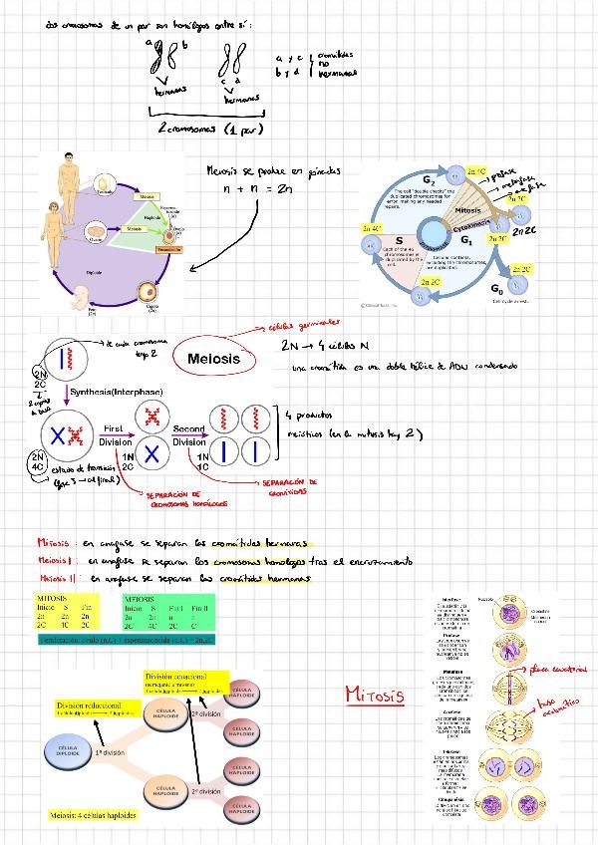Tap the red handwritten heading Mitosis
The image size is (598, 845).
click(374, 694)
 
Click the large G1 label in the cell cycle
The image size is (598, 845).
click(464, 240)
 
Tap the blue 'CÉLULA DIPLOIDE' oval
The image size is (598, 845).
click(69, 748)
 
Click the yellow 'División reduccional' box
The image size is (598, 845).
click(92, 708)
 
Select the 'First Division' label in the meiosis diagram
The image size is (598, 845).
click(113, 435)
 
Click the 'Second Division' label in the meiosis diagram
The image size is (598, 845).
click(189, 435)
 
